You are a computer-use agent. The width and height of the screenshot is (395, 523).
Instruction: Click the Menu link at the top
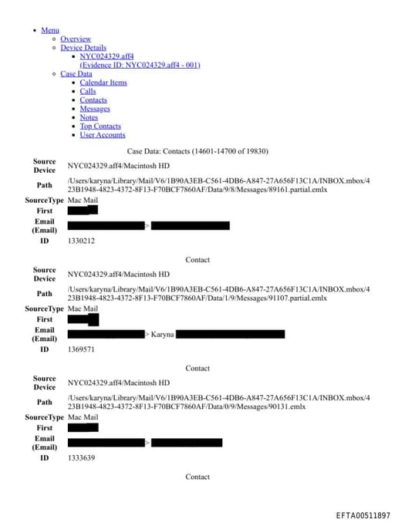pos(49,30)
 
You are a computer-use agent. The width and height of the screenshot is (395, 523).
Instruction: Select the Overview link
pos(76,39)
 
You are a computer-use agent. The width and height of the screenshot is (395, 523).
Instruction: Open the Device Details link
pos(83,48)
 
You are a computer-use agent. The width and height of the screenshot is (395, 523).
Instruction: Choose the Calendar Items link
pos(103,83)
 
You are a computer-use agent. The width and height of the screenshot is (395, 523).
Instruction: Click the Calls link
pos(88,91)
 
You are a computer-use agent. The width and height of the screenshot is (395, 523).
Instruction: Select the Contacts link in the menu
pos(93,100)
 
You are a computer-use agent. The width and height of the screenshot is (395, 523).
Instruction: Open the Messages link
pos(95,109)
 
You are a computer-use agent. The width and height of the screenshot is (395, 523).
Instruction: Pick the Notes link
pos(89,117)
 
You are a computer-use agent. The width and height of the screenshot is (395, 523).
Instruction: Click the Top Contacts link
pos(100,126)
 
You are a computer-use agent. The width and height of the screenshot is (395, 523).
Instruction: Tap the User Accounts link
pos(103,135)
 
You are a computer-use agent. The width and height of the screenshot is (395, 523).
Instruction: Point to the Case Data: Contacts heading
pos(197,150)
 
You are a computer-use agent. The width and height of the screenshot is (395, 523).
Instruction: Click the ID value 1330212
pos(81,241)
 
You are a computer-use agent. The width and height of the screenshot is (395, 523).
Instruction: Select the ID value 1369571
pos(81,349)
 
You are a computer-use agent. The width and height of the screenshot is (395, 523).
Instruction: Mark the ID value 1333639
pos(81,458)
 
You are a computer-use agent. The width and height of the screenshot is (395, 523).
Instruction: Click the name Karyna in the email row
pos(162,334)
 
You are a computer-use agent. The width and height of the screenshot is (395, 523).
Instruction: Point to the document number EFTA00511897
pos(363,515)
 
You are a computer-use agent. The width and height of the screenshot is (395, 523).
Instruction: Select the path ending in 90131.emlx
pos(218,402)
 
